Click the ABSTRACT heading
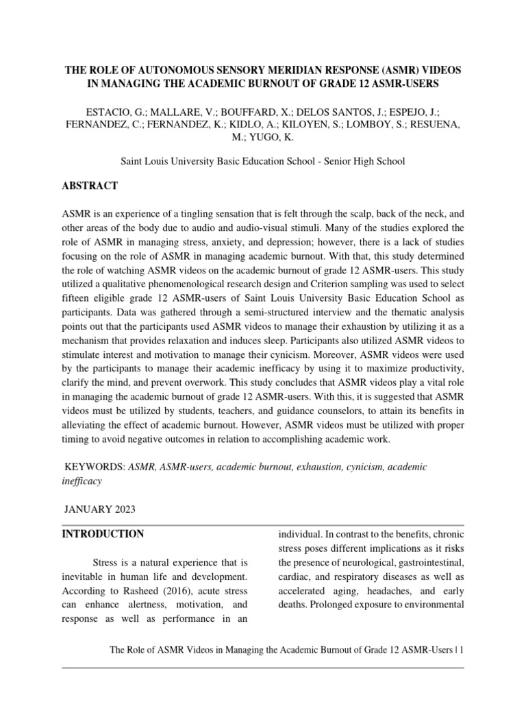[90, 186]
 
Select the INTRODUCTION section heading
[103, 534]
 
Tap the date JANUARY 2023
[100, 509]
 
